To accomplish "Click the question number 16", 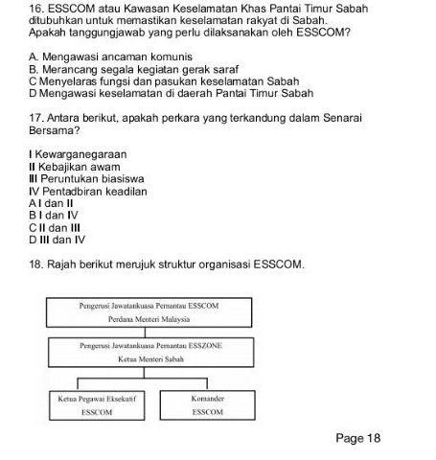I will click(x=37, y=7).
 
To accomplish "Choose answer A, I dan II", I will click(x=52, y=203).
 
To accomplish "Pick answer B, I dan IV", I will click(x=53, y=216).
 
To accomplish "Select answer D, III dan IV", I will click(x=57, y=241).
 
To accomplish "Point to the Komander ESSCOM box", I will click(x=207, y=403).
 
